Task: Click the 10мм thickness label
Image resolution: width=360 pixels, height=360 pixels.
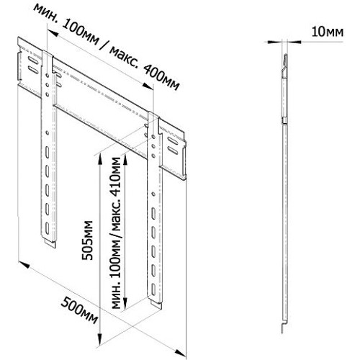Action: pyautogui.click(x=328, y=32)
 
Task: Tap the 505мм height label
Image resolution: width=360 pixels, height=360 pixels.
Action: pyautogui.click(x=87, y=240)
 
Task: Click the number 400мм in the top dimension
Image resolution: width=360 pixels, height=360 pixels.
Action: pyautogui.click(x=161, y=77)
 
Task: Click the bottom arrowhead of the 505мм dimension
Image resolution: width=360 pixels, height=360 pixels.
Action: pyautogui.click(x=100, y=340)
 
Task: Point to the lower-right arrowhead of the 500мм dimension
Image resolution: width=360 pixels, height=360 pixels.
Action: pyautogui.click(x=181, y=353)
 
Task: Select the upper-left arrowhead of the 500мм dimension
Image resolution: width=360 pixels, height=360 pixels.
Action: pyautogui.click(x=24, y=265)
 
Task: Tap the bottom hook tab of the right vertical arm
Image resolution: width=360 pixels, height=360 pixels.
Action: pyautogui.click(x=156, y=305)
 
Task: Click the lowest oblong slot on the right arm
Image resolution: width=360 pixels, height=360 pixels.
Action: pyautogui.click(x=153, y=289)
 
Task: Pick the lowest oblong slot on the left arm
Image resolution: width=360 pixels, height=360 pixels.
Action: pyautogui.click(x=47, y=228)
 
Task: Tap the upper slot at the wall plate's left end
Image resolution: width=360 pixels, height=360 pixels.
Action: pyautogui.click(x=33, y=60)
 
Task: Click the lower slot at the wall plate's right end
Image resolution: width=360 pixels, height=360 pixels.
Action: pyautogui.click(x=173, y=150)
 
